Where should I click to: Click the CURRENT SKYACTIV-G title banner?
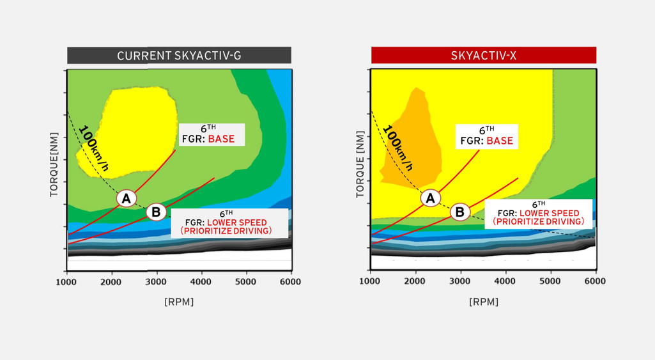[179, 56]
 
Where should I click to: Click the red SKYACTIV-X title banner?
[483, 56]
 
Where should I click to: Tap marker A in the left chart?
[127, 199]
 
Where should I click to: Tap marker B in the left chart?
[156, 212]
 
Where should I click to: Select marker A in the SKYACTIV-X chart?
[431, 198]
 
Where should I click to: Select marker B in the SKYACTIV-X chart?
[460, 212]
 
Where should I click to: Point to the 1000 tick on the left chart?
[66, 281]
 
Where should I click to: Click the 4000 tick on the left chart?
[201, 281]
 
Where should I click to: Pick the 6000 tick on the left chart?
[291, 281]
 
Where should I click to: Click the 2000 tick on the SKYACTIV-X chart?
[415, 281]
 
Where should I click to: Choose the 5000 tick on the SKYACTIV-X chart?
[550, 281]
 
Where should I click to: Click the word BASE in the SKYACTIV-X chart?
[500, 140]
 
